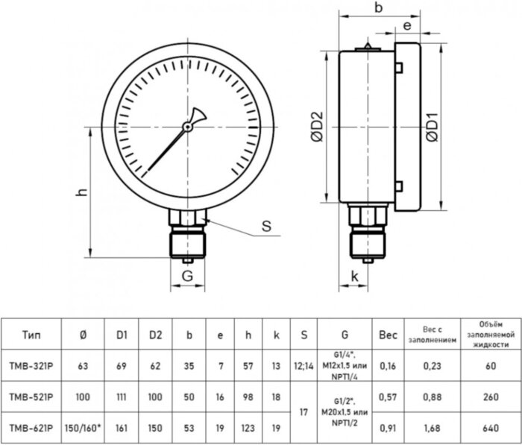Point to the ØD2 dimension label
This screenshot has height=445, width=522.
click(x=316, y=127)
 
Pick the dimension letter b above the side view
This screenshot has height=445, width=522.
click(x=378, y=8)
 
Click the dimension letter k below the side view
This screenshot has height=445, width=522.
click(x=355, y=277)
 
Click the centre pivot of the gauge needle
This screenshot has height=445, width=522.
click(x=188, y=127)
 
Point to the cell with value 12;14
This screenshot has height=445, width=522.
click(x=304, y=367)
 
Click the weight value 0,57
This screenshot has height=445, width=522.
click(x=387, y=398)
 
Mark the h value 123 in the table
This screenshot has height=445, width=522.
click(x=248, y=429)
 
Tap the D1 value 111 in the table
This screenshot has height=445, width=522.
click(x=123, y=398)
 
